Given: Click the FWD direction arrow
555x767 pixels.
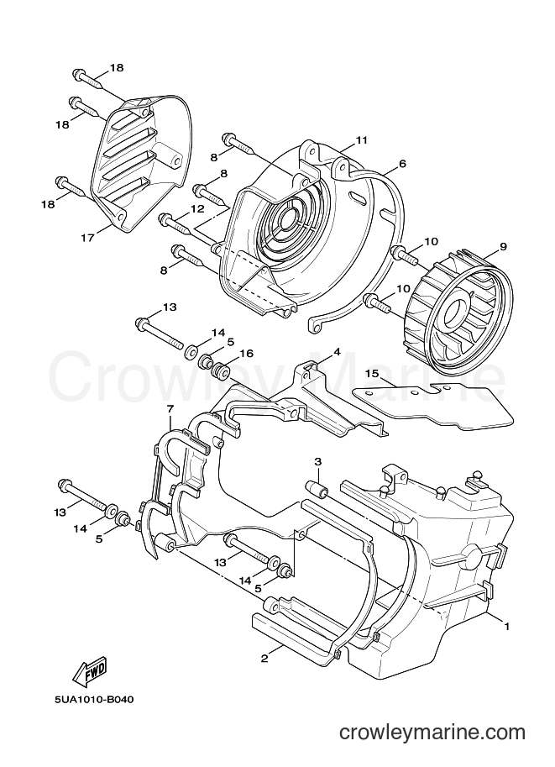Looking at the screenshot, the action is [x=90, y=673].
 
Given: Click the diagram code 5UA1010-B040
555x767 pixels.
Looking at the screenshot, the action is [x=94, y=700].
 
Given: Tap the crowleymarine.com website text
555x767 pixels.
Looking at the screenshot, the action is [x=432, y=733].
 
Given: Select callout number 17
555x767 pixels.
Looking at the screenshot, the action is [x=87, y=239].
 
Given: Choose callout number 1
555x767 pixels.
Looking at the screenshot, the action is [x=507, y=626].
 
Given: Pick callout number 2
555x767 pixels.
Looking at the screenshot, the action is [x=264, y=659].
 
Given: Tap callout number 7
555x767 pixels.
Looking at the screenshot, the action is [x=170, y=408].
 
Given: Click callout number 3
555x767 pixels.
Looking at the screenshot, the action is [x=318, y=461].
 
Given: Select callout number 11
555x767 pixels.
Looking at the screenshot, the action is [x=361, y=140].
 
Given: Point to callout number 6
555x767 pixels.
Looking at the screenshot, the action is [x=402, y=163].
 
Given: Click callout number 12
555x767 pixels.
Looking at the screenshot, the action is [x=197, y=208].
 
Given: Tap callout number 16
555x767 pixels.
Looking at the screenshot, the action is [x=247, y=353].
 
